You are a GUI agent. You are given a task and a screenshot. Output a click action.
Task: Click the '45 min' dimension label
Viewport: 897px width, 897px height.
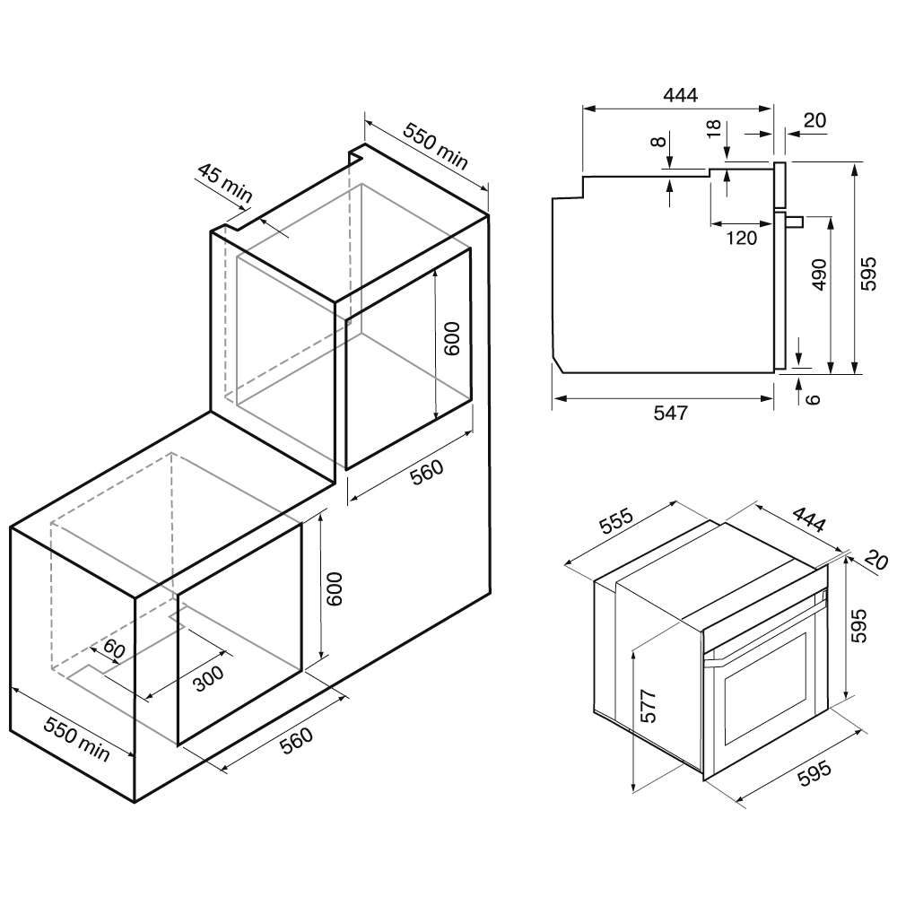tap(225, 182)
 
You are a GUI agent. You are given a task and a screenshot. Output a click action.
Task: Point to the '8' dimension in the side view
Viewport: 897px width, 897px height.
tap(659, 141)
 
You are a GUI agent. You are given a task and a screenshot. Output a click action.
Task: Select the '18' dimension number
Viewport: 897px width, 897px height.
tap(713, 128)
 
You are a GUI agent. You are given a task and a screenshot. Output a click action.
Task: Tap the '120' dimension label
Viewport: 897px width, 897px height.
tap(742, 238)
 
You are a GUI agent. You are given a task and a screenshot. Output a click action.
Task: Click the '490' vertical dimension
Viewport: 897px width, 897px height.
tap(819, 274)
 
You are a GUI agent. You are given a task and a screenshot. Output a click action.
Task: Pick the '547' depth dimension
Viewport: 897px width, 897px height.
tap(670, 413)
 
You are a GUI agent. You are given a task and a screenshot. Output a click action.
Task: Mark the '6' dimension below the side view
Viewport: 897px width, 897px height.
tap(813, 399)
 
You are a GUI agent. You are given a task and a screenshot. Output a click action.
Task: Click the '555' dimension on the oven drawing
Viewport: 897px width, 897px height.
tap(617, 520)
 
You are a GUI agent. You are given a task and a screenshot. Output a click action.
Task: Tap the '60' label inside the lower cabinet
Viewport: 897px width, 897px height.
tap(114, 649)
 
